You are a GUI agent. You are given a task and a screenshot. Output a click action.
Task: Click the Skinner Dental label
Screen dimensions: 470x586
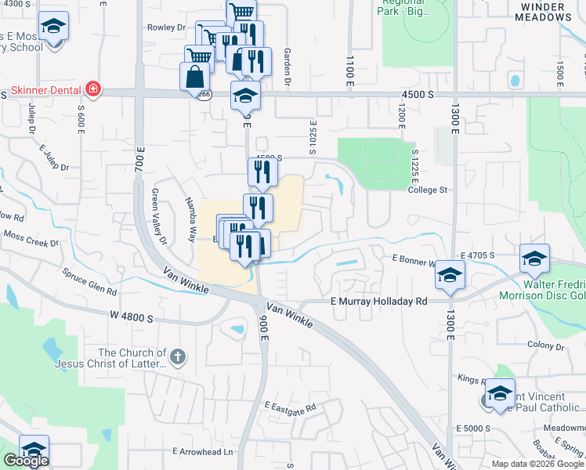pos(47,89)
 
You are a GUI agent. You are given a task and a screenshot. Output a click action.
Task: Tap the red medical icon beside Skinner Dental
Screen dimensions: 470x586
pos(93,89)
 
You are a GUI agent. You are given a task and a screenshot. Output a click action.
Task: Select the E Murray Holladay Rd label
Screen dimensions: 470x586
pos(379,301)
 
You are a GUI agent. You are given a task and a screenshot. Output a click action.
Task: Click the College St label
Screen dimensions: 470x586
pos(428,190)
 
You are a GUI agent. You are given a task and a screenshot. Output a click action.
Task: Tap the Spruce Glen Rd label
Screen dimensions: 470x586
pos(90,280)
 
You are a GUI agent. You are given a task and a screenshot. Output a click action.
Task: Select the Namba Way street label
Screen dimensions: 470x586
pos(190,219)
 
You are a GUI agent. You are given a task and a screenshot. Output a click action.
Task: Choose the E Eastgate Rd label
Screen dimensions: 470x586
pos(290,407)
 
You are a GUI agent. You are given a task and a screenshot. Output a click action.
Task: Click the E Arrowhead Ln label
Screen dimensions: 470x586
pos(203,451)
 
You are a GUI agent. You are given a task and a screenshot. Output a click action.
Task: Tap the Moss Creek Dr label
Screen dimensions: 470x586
pos(31,238)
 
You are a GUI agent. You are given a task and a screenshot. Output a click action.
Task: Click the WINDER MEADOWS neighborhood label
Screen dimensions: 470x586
pos(546,10)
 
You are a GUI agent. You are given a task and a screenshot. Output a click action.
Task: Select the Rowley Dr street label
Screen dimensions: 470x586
pos(166,27)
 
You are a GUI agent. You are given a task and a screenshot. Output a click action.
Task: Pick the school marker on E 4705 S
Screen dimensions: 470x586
pos(534,257)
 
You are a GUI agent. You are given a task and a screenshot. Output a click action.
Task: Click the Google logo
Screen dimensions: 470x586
pos(26,461)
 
